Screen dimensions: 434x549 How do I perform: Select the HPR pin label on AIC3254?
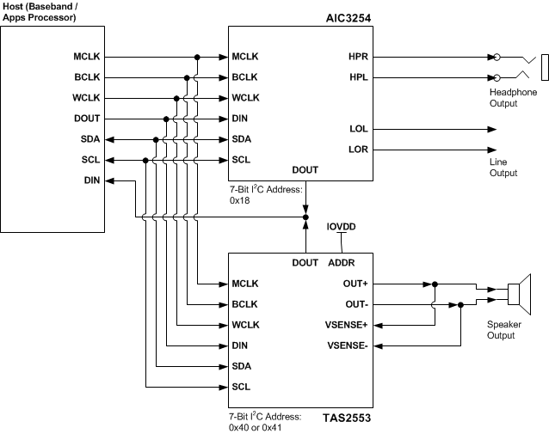359,58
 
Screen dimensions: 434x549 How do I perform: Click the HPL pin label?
359,78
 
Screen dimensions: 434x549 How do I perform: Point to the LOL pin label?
359,129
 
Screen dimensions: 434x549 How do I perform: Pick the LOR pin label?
359,150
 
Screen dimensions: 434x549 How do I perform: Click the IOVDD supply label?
342,228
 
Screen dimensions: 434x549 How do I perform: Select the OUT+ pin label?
355,283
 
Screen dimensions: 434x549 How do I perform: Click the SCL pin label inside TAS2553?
241,386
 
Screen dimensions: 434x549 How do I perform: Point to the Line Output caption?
503,168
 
